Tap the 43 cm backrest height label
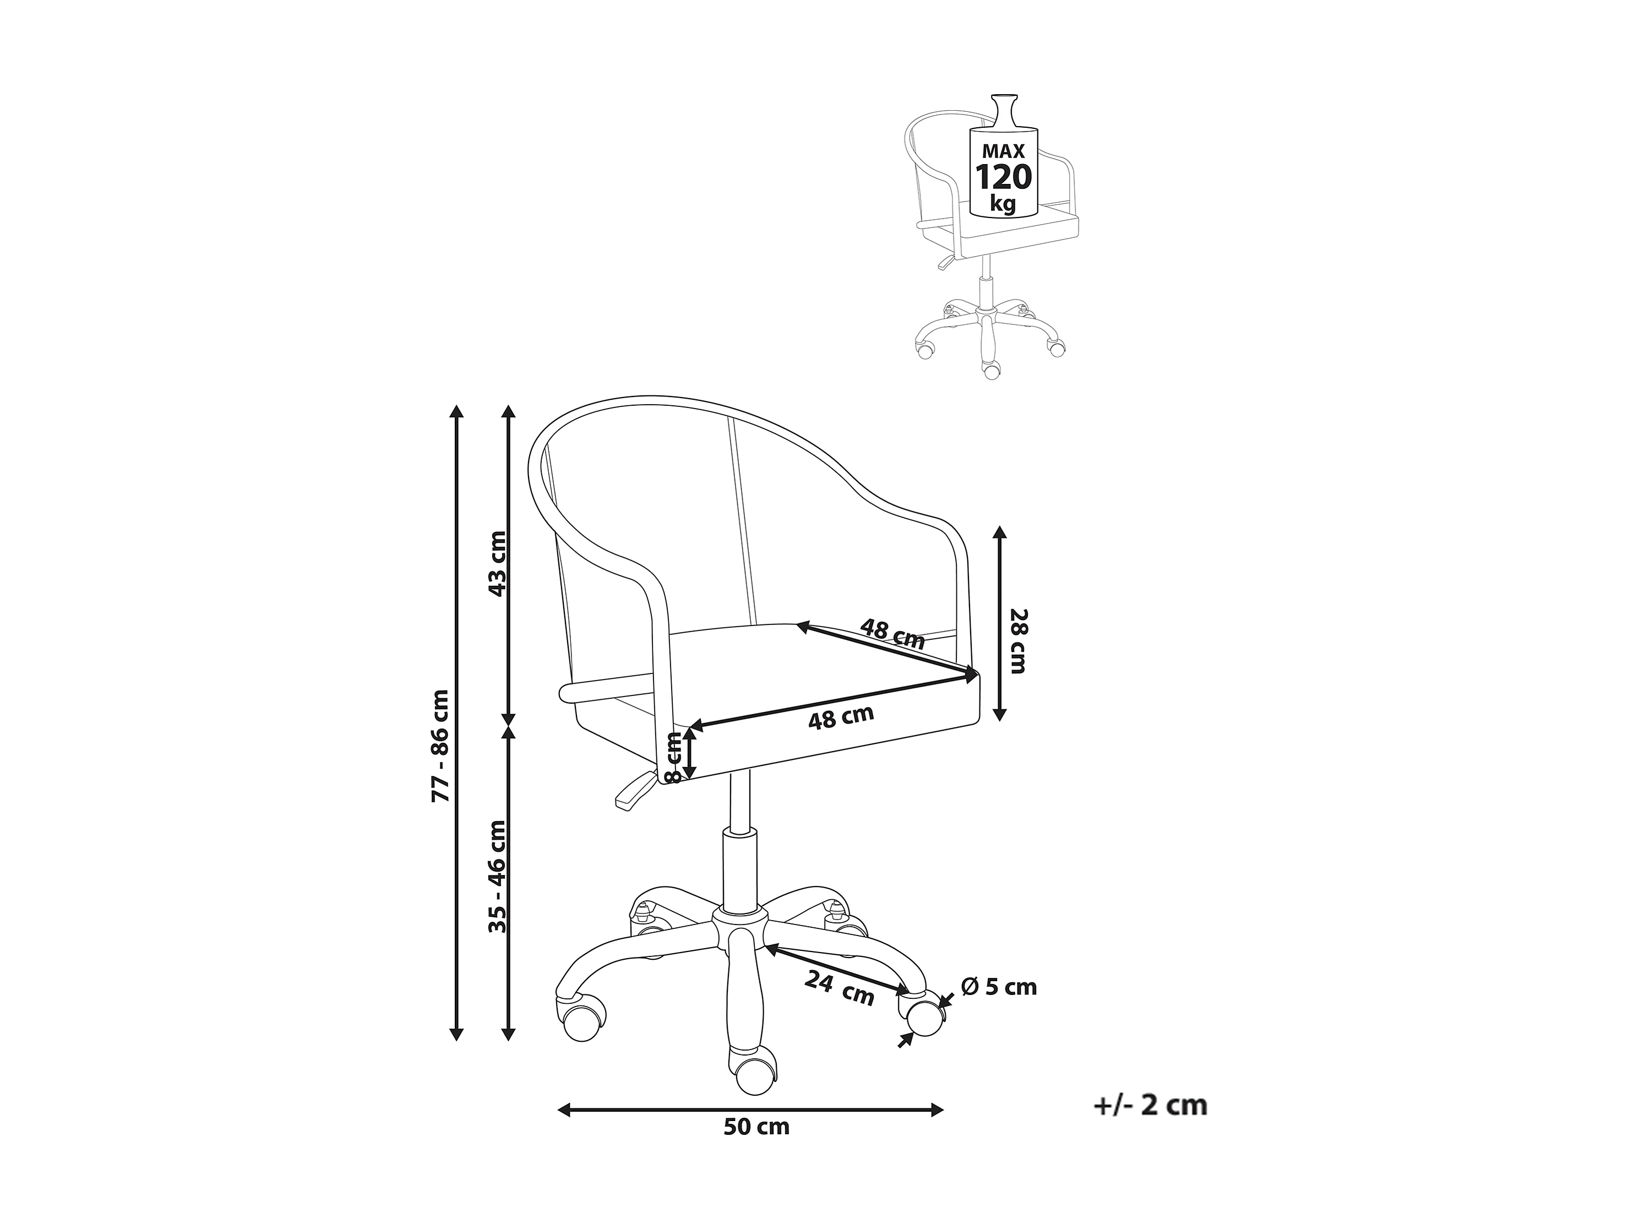[497, 564]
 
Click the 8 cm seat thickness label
[673, 757]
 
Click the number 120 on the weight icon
[1003, 178]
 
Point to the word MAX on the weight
[1003, 151]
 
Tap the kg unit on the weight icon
[1003, 204]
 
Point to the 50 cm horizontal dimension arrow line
[750, 1130]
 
